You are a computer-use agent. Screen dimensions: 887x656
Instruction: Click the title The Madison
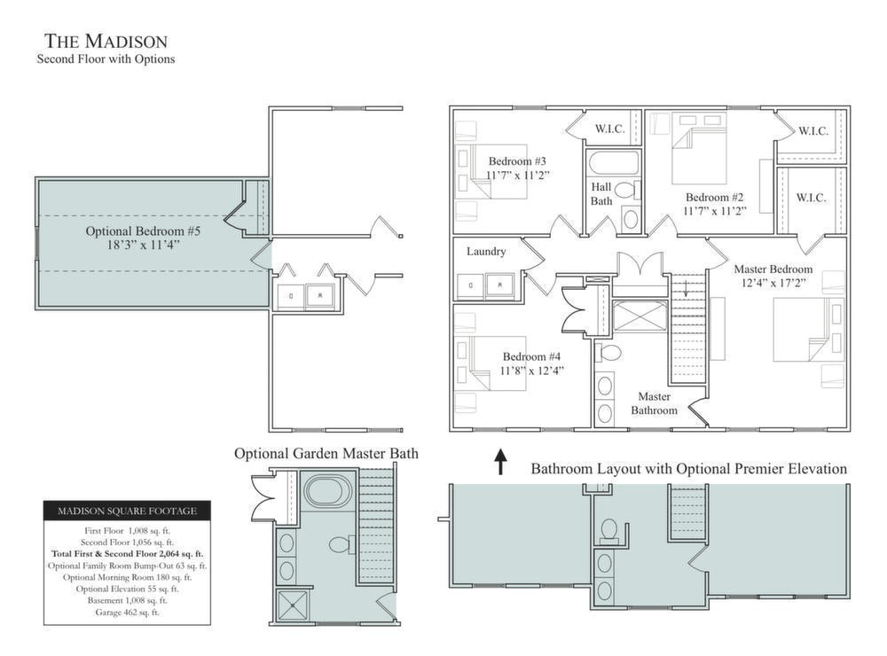tap(106, 42)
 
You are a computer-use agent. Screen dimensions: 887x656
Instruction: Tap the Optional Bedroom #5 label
tap(143, 231)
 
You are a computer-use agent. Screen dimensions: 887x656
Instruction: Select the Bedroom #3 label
tap(517, 161)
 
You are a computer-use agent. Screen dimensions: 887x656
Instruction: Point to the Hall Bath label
tap(601, 193)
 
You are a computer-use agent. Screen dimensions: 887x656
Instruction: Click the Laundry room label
tap(486, 252)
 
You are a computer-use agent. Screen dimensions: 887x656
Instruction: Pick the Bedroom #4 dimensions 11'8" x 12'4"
tap(531, 371)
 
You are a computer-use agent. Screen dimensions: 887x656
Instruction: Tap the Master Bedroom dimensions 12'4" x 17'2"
tap(773, 284)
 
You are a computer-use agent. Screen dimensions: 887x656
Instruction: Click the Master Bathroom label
tap(654, 403)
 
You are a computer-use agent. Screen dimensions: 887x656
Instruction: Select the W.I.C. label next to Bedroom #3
tap(610, 129)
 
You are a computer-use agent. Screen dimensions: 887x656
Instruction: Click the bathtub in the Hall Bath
tap(613, 163)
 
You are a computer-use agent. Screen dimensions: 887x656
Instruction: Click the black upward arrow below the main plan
tap(500, 462)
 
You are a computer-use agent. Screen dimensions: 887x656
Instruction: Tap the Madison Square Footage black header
tap(127, 511)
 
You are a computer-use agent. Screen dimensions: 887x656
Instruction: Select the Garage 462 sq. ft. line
tap(127, 613)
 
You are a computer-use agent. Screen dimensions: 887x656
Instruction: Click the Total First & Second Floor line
tap(127, 554)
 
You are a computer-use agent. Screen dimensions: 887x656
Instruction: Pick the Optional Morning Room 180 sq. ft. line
tap(127, 577)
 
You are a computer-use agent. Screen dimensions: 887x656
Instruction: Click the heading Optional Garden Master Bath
tap(326, 454)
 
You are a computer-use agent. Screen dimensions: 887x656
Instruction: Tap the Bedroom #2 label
tap(714, 198)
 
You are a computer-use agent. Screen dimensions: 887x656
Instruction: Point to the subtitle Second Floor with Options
tap(106, 59)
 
